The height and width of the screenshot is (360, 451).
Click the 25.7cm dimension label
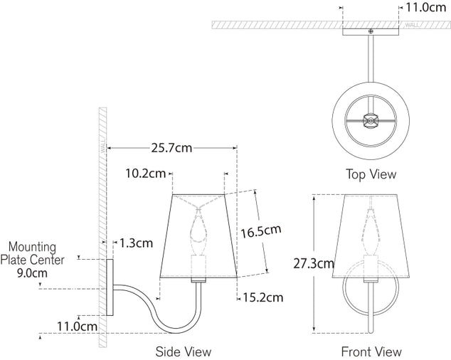[171, 148]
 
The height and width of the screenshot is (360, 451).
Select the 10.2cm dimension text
[145, 173]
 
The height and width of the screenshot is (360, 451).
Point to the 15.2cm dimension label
[261, 297]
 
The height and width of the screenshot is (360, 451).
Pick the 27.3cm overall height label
[314, 263]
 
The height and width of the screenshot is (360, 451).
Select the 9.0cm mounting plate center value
[32, 272]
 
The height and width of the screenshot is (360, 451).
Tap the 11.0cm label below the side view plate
[77, 327]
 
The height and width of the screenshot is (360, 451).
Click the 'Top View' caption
[371, 174]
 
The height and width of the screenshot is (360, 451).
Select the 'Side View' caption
[184, 351]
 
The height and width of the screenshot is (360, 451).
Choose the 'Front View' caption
[371, 351]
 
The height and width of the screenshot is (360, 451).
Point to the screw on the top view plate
[370, 31]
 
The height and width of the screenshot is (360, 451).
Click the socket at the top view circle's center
[370, 122]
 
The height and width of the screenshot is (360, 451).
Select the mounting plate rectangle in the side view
[111, 288]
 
